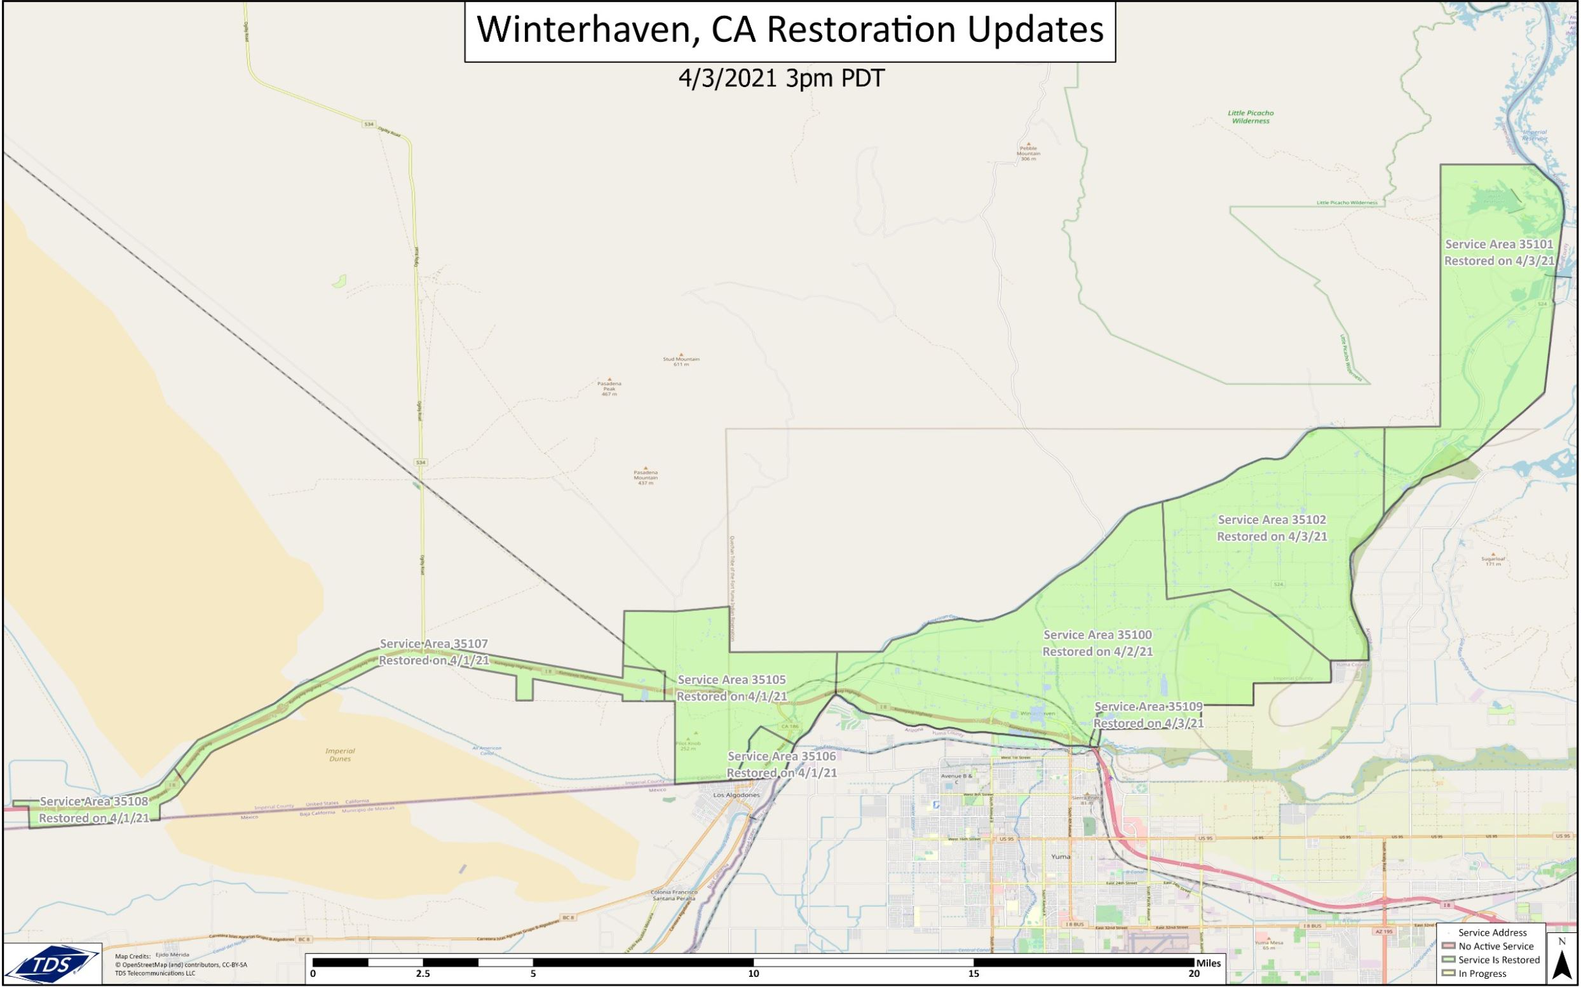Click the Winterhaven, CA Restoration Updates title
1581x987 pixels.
coord(789,31)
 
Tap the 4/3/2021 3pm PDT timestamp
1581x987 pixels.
coord(781,79)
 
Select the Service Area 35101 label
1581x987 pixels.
coord(1499,252)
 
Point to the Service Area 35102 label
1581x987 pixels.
coord(1272,528)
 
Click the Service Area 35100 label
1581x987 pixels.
coord(1097,643)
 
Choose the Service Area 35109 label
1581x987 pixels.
coord(1148,715)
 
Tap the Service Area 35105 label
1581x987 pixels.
coord(731,688)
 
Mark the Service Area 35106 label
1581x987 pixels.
coord(782,765)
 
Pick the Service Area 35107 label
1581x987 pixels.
coord(434,652)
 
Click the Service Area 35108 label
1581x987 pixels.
coord(95,810)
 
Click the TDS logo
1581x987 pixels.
coord(51,963)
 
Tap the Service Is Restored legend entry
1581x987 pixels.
coord(1498,960)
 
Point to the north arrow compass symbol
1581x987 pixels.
coord(1561,960)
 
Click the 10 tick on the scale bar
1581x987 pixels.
coord(754,974)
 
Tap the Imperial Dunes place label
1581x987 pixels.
coord(340,754)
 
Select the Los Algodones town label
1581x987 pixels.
coord(736,795)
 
